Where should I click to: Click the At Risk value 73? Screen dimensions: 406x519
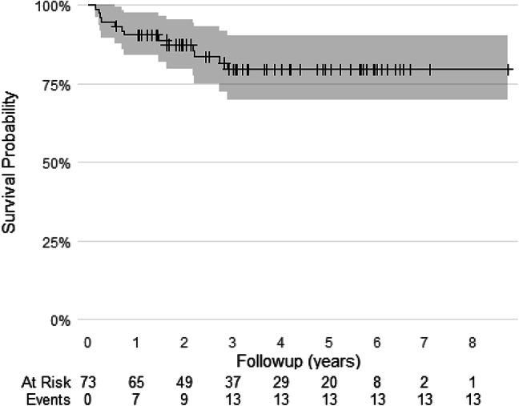point(88,380)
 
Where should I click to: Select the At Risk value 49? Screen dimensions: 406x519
point(184,380)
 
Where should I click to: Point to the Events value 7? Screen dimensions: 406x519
point(136,397)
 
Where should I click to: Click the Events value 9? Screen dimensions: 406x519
point(184,397)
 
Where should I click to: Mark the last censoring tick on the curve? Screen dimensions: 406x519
point(509,70)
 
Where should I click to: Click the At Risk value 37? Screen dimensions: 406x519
point(232,380)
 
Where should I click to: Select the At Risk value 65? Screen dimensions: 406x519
point(136,380)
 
